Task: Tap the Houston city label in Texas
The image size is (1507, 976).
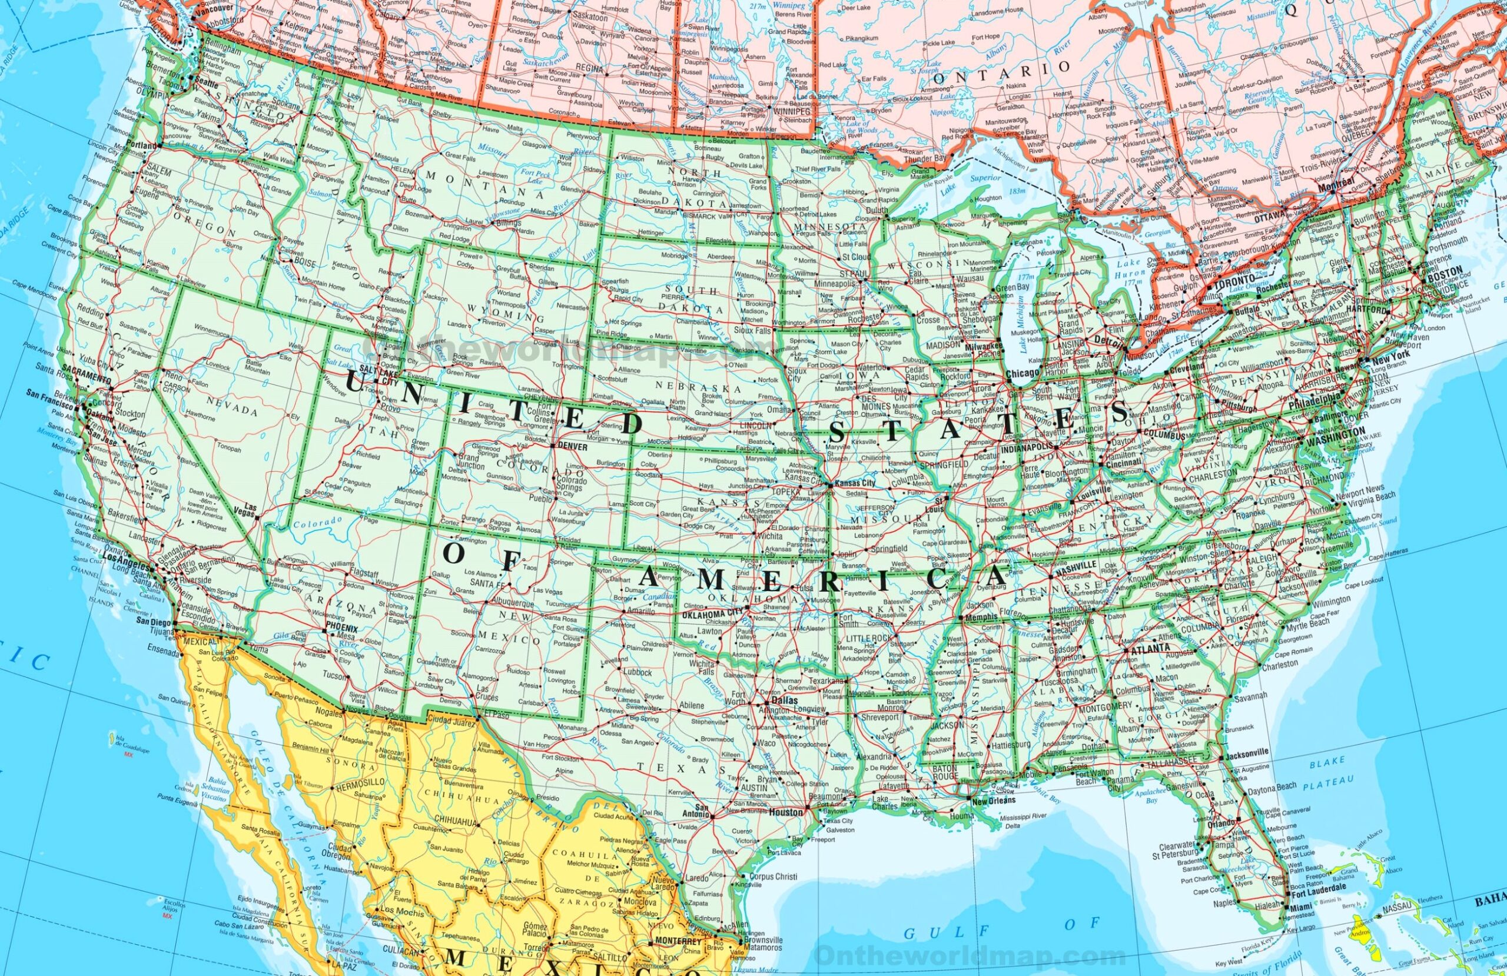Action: tap(787, 812)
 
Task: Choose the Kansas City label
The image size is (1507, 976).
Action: tap(855, 484)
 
